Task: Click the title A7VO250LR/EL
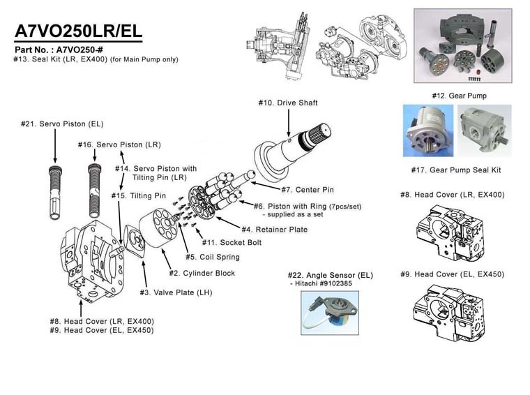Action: coord(78,31)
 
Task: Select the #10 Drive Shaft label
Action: coord(288,103)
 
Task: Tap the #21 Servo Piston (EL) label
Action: coord(62,124)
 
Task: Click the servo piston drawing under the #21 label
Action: coord(55,193)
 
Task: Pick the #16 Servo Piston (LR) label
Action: coord(119,144)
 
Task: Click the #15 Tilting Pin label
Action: coord(139,196)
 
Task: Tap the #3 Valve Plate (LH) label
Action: coord(176,292)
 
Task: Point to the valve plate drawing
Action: coord(135,241)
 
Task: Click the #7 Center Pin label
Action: coord(308,190)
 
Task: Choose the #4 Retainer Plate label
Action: coord(275,230)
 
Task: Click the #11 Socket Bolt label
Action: coord(232,242)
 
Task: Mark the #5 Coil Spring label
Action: coord(213,257)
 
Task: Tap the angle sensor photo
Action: coord(330,313)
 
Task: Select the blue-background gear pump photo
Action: coord(428,131)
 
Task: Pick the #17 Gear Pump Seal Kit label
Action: coord(456,170)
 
